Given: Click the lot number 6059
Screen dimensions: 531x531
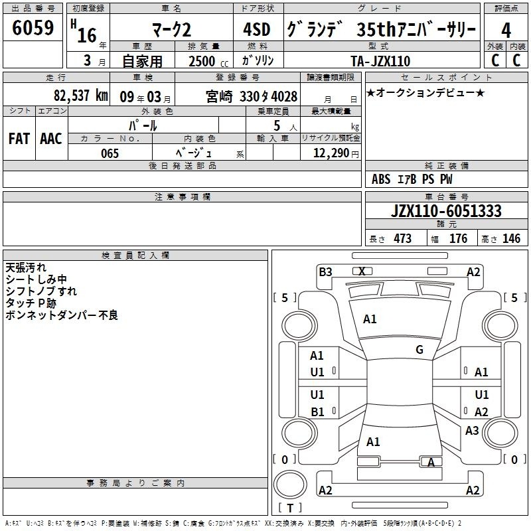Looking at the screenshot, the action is point(33,28).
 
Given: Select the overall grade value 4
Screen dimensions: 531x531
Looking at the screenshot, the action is point(506,31).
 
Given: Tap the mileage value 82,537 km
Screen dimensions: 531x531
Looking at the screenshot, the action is point(81,96).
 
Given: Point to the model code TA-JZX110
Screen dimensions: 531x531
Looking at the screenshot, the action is point(380,61).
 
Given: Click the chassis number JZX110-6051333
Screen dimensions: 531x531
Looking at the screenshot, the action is point(446,211).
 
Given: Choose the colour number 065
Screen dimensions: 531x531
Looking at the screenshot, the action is point(110,153).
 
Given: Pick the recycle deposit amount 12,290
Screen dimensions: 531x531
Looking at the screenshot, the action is point(331,153).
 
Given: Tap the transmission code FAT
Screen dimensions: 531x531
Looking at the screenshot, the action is point(19,139).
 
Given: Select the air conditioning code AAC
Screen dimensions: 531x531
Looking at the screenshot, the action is point(51,139).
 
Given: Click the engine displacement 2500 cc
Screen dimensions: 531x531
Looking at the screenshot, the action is point(208,61).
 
